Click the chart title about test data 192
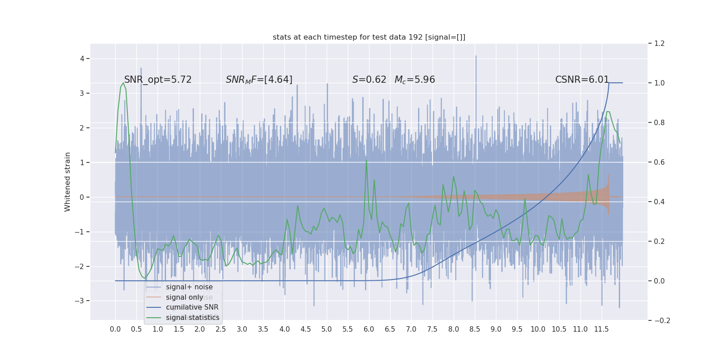point(369,37)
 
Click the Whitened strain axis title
point(67,182)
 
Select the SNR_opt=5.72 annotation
point(157,80)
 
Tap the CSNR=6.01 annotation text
point(582,80)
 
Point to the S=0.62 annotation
point(369,80)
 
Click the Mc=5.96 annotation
point(414,80)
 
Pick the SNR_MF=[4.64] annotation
point(259,80)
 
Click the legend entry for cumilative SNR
point(192,307)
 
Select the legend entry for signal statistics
point(193,318)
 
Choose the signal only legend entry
point(184,297)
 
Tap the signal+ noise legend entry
point(189,287)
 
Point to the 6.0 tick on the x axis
point(369,329)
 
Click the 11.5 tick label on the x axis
point(601,329)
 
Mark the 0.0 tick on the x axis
point(115,329)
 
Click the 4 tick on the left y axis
point(82,58)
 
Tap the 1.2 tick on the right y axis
point(659,44)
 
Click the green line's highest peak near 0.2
point(123,83)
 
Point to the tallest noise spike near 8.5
point(476,56)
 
